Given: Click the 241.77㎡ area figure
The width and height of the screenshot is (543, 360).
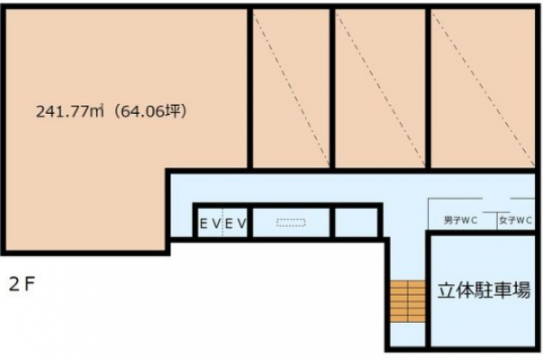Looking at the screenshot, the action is pos(71,111).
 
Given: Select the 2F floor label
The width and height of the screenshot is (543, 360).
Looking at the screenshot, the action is pos(22,285).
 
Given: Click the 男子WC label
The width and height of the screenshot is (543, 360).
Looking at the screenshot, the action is pos(461,220).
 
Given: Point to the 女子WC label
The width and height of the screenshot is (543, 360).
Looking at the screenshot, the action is pos(516,220).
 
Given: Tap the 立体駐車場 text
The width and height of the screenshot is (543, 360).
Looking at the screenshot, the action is pos(484,290).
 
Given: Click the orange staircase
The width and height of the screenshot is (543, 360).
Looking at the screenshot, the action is pos(407,301).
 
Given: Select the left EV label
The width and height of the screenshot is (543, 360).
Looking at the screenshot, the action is pos(210,223).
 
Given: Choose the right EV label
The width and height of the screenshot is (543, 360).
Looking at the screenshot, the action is pos(235,223).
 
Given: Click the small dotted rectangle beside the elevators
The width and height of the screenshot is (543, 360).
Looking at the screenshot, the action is pos(291,223).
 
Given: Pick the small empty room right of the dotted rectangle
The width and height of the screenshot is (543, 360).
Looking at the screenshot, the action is pos(356,223).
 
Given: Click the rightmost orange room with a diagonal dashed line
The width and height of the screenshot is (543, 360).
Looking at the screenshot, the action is pos(482,89).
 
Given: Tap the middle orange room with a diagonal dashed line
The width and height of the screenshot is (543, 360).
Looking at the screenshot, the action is pos(380,89).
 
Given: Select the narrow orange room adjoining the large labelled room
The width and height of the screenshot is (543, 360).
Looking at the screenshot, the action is pos(291,89).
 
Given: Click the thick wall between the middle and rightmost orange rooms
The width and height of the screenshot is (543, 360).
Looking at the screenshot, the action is pos(428,89).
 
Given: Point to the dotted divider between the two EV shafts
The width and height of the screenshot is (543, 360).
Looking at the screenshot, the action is pos(223,223).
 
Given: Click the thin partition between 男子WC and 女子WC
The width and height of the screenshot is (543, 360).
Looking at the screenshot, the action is pos(497,221).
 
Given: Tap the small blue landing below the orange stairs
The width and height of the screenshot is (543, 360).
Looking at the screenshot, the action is pos(407,335).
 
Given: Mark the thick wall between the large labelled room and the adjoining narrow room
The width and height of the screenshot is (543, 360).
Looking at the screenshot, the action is pos(250,89).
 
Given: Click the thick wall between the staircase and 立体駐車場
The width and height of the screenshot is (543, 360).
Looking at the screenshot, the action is pos(428,290).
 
